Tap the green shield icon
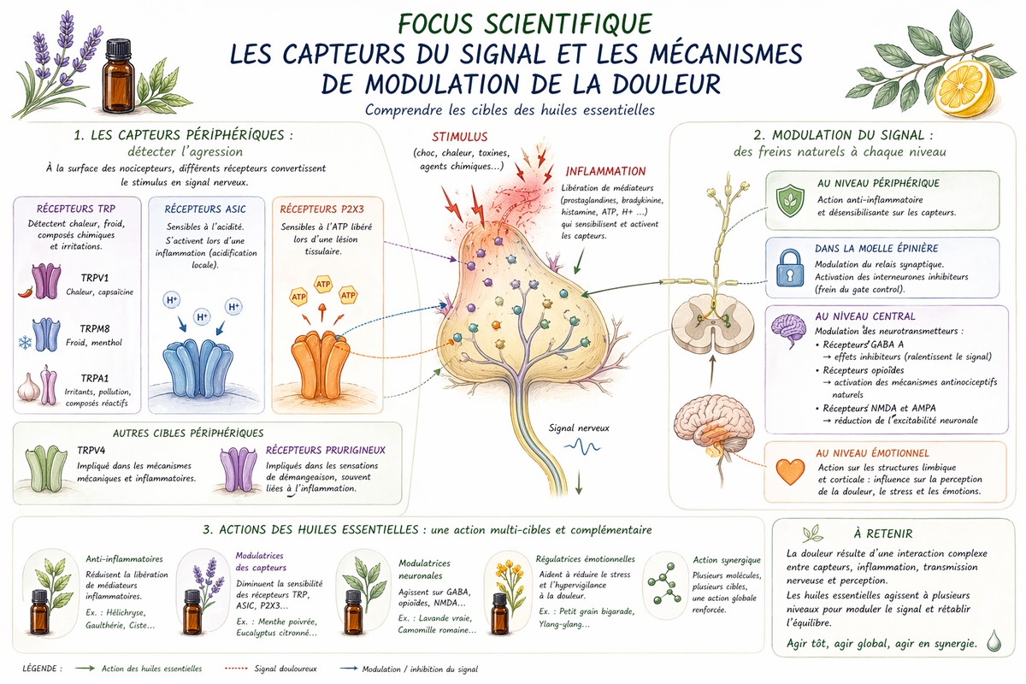click(790, 201)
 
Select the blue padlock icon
click(790, 268)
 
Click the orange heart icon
click(790, 471)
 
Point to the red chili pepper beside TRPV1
click(26, 292)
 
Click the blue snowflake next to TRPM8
click(25, 342)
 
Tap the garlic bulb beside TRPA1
click(28, 387)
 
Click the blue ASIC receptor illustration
click(198, 368)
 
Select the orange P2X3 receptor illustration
click(320, 365)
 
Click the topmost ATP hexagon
click(323, 284)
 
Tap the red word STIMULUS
click(460, 137)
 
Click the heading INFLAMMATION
click(605, 171)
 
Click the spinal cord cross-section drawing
click(713, 324)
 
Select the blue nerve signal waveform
click(582, 446)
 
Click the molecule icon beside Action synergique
click(664, 583)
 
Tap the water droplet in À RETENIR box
click(994, 640)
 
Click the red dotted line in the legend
click(236, 669)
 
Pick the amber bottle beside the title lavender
click(118, 76)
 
